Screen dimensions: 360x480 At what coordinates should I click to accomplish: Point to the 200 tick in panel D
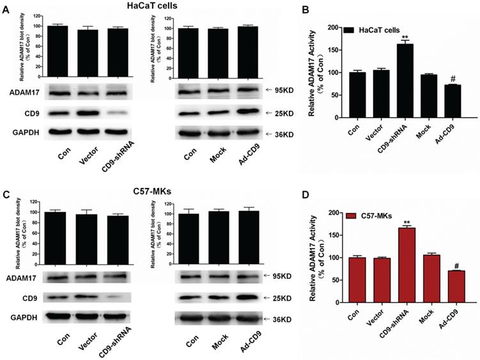click(x=332, y=212)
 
